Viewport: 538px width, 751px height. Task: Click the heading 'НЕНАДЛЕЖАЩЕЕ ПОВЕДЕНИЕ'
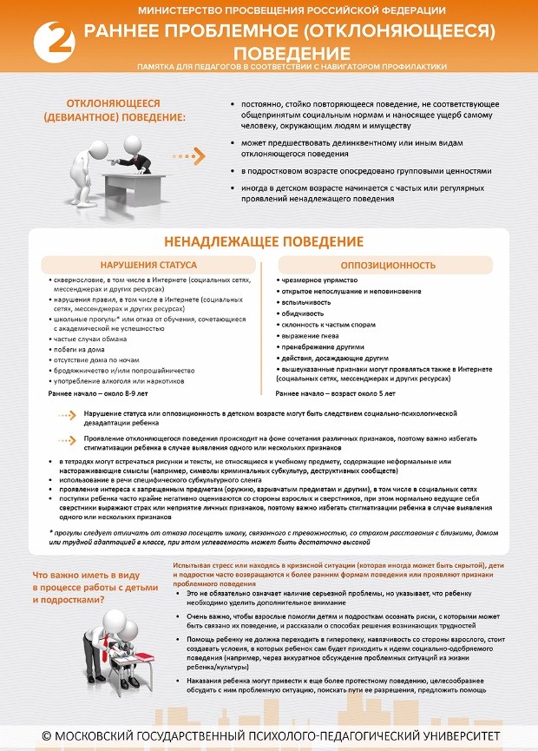click(264, 241)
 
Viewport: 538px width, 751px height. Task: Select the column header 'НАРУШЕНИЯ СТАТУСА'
click(148, 264)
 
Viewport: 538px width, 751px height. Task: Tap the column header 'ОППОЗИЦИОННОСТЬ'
click(388, 264)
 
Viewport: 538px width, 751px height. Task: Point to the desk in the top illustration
click(130, 182)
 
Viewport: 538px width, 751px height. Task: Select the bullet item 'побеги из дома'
click(76, 347)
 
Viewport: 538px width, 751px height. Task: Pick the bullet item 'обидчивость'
click(303, 313)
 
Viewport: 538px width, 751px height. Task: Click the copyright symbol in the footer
click(47, 736)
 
